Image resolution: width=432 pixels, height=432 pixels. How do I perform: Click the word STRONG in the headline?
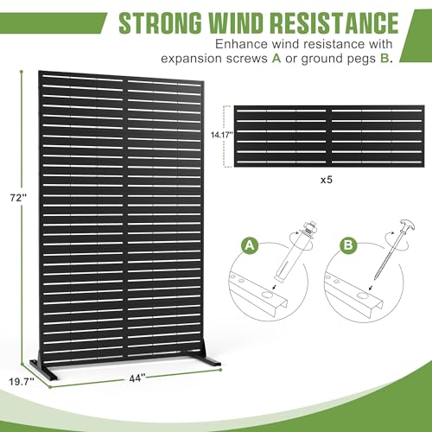(x=161, y=22)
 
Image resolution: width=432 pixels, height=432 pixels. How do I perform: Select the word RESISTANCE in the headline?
(x=335, y=22)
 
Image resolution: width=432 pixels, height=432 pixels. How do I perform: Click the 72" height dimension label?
(x=18, y=198)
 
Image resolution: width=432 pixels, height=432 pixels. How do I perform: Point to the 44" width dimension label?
(x=137, y=378)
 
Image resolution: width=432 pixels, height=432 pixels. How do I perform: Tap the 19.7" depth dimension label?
(x=22, y=382)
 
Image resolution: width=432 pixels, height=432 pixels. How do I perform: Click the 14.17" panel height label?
(x=222, y=135)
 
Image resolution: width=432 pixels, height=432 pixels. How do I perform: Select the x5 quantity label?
(x=327, y=180)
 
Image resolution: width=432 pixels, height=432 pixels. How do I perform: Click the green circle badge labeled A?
(x=250, y=245)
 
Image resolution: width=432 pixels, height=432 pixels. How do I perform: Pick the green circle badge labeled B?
(x=348, y=245)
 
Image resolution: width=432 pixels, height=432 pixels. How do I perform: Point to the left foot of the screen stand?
(x=43, y=369)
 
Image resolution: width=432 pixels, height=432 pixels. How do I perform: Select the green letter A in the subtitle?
(x=276, y=59)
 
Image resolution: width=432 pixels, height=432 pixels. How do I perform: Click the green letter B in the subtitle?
(x=384, y=59)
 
